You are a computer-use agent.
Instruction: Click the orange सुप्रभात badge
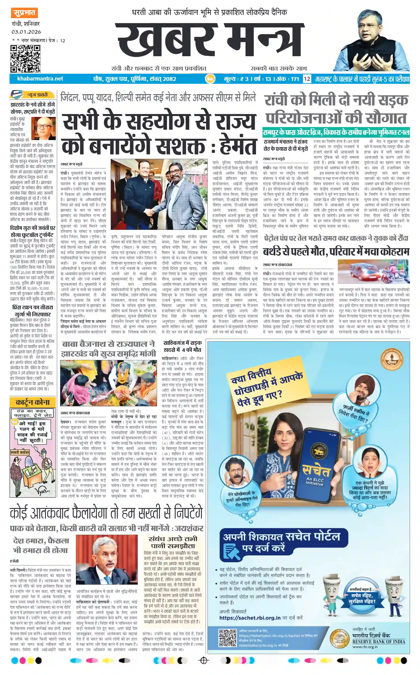(x=24, y=13)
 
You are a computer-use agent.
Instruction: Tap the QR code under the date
(x=25, y=59)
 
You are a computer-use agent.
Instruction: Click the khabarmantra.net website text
(x=40, y=79)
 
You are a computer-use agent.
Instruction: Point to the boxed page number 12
(x=307, y=79)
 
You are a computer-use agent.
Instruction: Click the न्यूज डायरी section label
(x=37, y=95)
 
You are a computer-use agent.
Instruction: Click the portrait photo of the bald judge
(x=43, y=128)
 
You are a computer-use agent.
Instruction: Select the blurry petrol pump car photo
(x=373, y=272)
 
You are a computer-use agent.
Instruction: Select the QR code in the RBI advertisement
(x=227, y=638)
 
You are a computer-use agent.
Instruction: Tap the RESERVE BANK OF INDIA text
(x=379, y=642)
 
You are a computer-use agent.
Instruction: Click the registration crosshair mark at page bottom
(x=204, y=660)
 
